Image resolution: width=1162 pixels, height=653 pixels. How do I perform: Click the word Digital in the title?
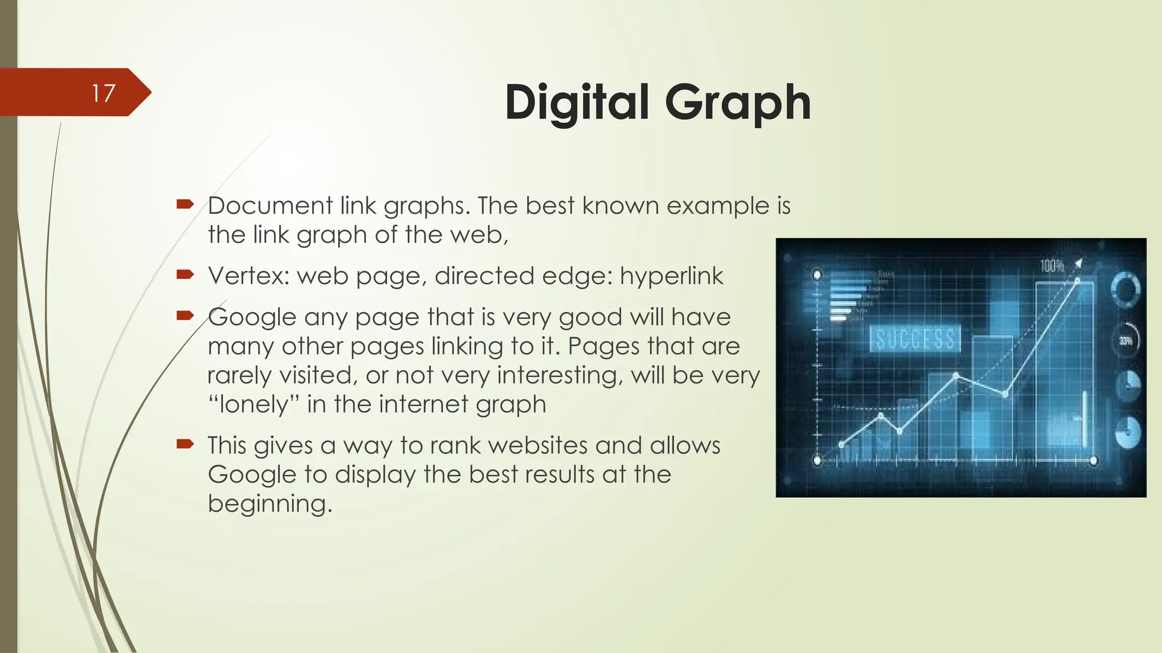click(576, 102)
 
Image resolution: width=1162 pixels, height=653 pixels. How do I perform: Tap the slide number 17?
click(104, 93)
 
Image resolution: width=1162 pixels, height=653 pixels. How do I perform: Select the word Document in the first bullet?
click(270, 206)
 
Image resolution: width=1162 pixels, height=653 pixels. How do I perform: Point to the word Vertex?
click(249, 276)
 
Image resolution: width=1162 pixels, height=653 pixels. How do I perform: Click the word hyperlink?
click(671, 276)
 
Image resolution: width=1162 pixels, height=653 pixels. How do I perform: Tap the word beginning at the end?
click(270, 504)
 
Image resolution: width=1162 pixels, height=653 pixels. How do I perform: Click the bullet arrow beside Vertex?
click(186, 275)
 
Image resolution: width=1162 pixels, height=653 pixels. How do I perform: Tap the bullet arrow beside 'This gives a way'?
click(186, 444)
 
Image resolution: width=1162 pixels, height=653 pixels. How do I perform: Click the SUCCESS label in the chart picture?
click(915, 339)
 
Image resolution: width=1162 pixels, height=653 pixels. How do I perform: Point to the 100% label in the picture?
click(1051, 265)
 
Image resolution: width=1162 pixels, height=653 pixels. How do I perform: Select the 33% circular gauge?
click(1126, 340)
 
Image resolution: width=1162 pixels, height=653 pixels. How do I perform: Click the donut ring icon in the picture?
click(1125, 289)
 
